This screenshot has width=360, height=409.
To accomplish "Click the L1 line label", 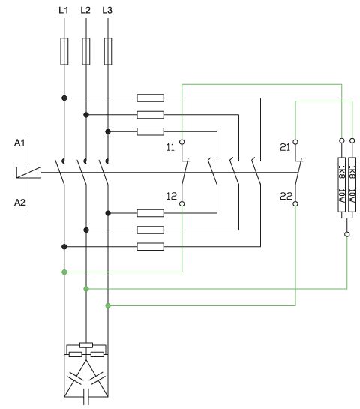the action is click(63, 11).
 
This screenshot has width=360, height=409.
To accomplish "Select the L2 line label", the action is click(85, 11).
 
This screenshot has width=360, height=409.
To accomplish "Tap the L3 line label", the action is click(107, 11).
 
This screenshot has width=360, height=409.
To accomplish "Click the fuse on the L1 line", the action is click(64, 51).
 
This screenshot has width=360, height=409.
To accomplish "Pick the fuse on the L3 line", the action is click(108, 51).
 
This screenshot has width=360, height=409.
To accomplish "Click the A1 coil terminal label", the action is click(19, 143).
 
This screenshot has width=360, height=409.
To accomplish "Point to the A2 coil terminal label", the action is click(19, 202).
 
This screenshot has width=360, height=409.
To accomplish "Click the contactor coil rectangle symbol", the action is click(28, 173).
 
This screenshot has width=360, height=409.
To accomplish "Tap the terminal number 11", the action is click(170, 147).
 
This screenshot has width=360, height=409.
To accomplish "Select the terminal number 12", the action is click(172, 196).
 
